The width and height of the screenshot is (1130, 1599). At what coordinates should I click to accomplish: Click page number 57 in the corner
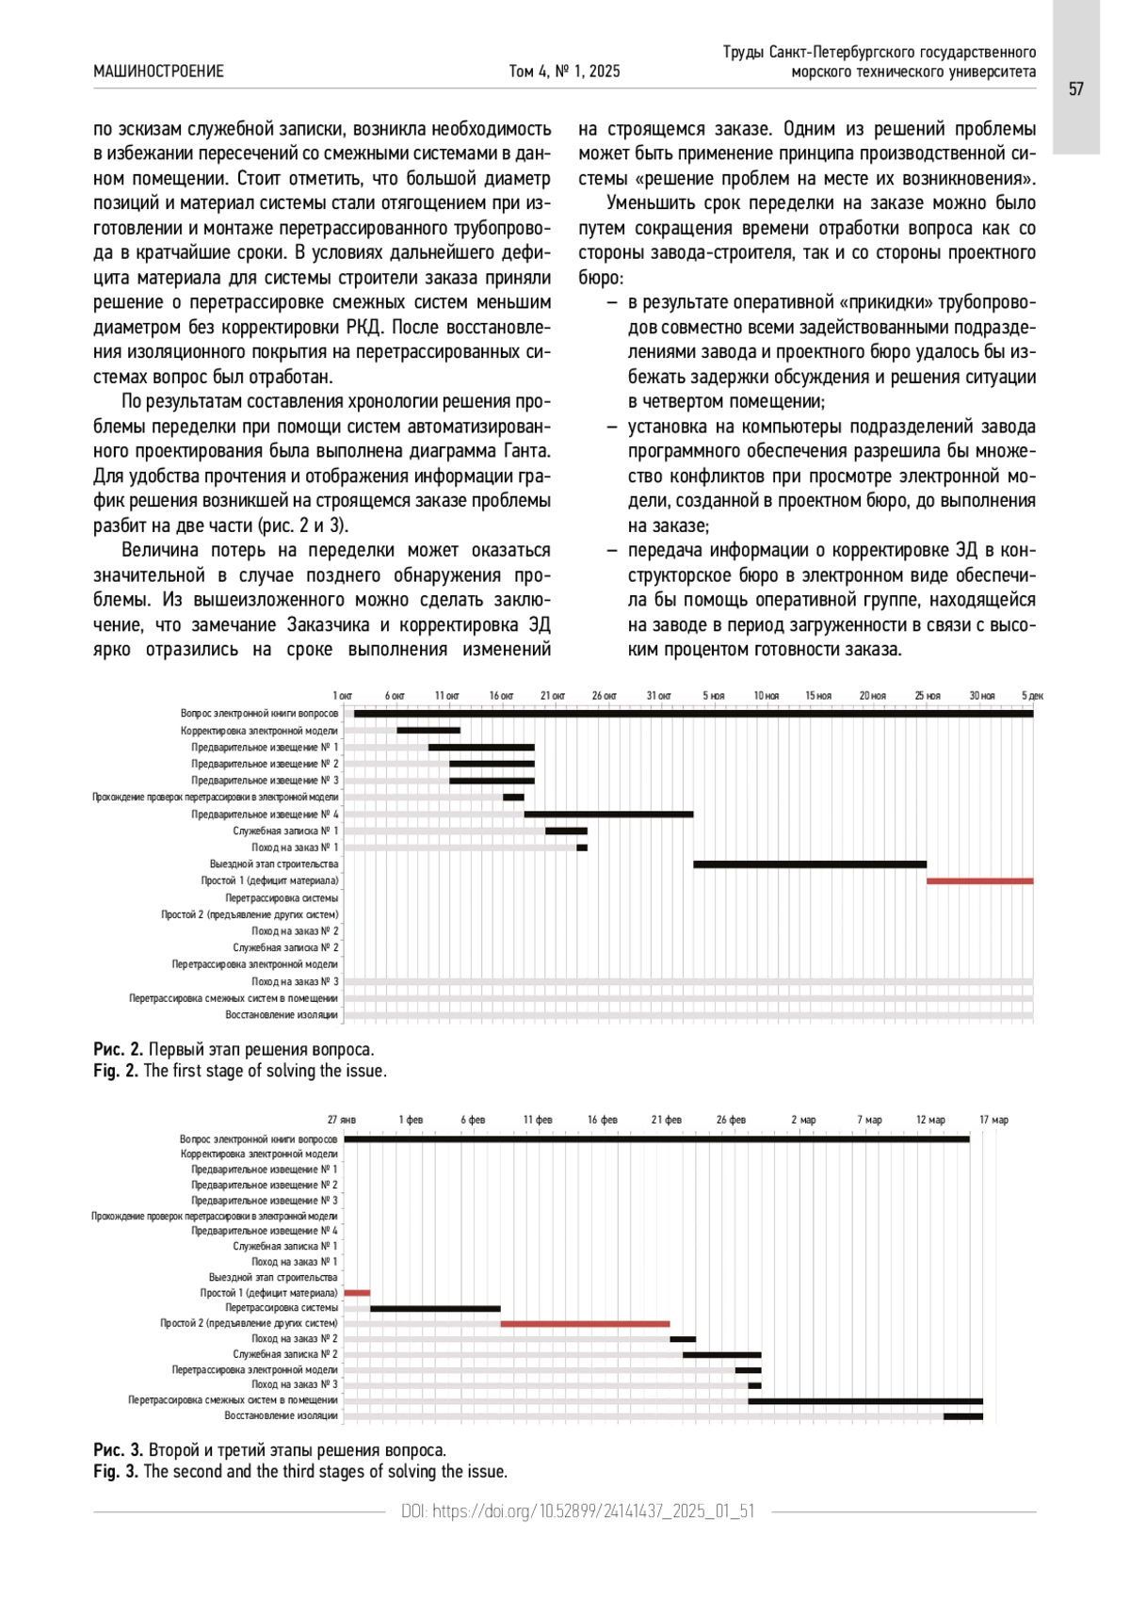[x=1075, y=89]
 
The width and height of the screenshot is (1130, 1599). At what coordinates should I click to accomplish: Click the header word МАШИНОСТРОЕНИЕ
[x=158, y=72]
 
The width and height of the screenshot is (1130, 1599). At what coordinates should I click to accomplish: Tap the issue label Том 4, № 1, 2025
[x=564, y=72]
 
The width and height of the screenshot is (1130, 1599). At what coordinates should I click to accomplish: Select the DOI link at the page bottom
[x=577, y=1511]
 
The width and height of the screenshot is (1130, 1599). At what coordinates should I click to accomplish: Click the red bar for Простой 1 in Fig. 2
[x=979, y=881]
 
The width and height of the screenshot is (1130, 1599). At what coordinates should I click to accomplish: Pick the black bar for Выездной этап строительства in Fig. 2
[x=810, y=864]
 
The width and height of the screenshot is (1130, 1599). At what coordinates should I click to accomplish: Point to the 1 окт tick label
[x=343, y=696]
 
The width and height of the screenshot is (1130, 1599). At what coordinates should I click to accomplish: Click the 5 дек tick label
[x=1032, y=696]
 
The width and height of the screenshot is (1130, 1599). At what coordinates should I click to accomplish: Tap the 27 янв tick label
[x=342, y=1120]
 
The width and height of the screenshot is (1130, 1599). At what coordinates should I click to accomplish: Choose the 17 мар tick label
[x=993, y=1120]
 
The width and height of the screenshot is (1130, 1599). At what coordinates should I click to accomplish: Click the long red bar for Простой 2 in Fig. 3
[x=585, y=1324]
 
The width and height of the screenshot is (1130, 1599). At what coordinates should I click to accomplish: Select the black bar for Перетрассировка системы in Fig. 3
[x=435, y=1308]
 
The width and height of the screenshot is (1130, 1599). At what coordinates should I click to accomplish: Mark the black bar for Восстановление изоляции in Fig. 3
[x=962, y=1416]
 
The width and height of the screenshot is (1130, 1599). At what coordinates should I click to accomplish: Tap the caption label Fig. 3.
[x=116, y=1472]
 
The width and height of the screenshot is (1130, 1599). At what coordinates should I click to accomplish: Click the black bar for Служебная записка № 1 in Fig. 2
[x=566, y=832]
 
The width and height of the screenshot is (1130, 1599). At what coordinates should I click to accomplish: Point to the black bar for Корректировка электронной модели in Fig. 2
[x=428, y=731]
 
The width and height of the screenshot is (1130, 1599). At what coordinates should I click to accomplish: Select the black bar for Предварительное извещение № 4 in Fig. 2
[x=608, y=815]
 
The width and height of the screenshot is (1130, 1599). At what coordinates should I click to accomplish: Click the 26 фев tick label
[x=731, y=1120]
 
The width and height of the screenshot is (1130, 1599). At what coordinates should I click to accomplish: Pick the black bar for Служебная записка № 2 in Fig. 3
[x=721, y=1355]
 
